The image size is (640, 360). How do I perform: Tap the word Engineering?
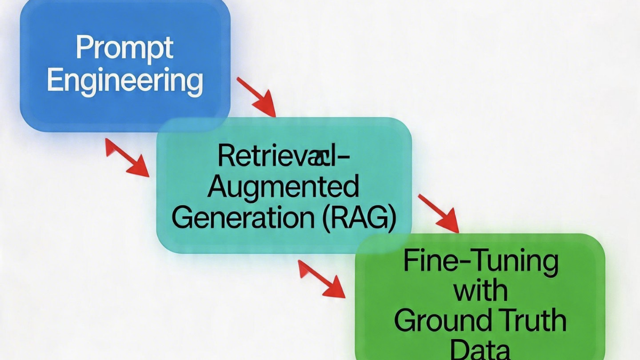(125, 82)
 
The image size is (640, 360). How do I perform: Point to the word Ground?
(442, 322)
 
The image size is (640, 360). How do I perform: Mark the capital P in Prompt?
(83, 48)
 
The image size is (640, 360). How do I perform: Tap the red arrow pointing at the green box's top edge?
(438, 213)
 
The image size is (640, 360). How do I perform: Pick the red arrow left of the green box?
(322, 278)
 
